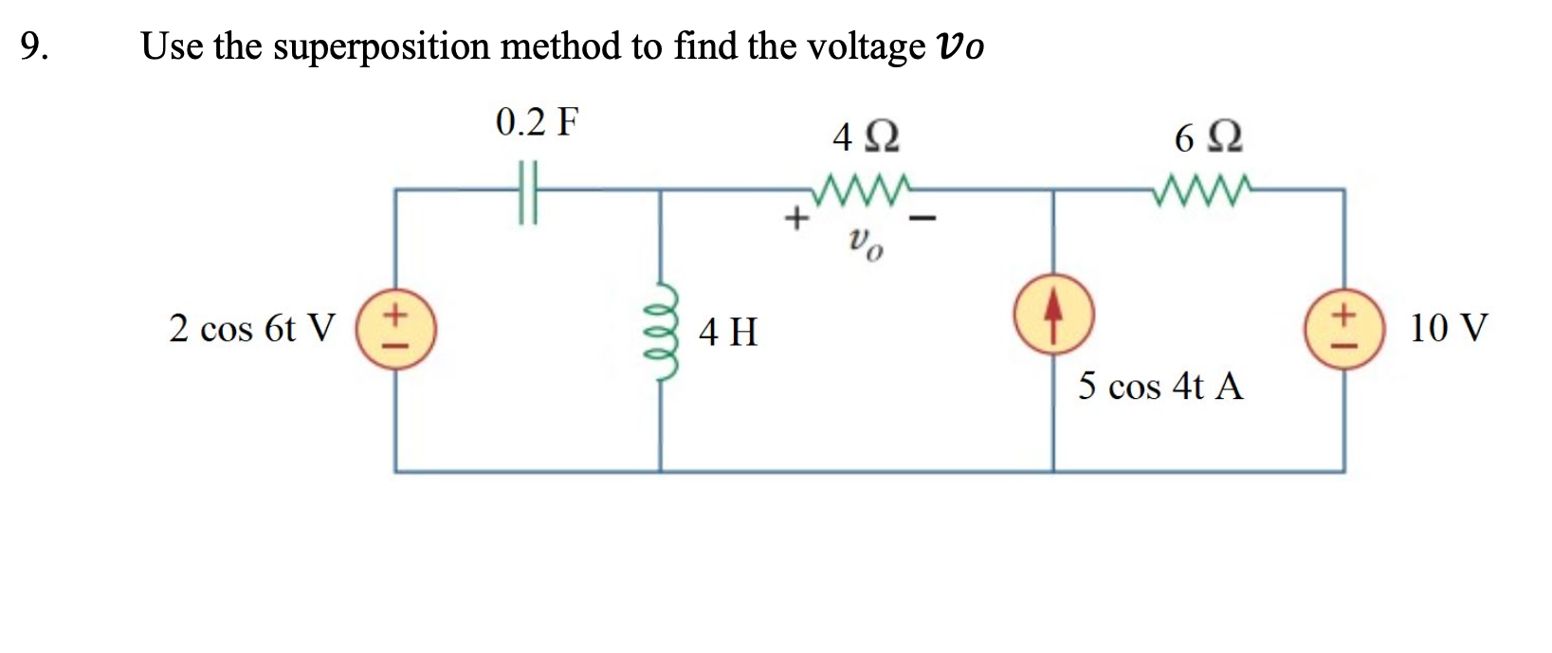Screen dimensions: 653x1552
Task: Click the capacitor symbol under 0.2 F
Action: [x=528, y=190]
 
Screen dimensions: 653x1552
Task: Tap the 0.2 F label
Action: [x=537, y=123]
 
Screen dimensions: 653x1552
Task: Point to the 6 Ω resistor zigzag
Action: [x=1201, y=186]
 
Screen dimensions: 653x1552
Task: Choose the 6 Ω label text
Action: [x=1208, y=139]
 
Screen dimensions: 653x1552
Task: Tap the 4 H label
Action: [x=728, y=333]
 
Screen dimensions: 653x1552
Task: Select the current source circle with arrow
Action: [x=1053, y=328]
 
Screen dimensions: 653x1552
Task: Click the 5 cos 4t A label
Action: [x=1160, y=387]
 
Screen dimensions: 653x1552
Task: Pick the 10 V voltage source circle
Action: [x=1343, y=328]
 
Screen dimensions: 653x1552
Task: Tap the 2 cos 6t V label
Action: [x=251, y=329]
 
